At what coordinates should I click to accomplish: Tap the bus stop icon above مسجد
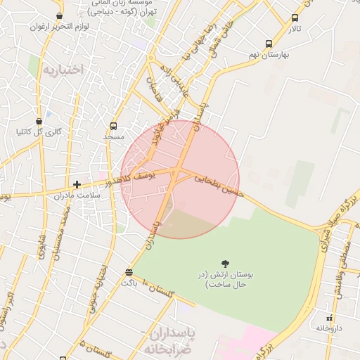coord(113,127)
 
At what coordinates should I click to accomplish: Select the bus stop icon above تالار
coord(294,18)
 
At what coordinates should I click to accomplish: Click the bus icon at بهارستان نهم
coord(269,44)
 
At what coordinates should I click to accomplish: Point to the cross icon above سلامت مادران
coord(77,184)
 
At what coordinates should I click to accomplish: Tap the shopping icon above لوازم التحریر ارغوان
coord(58,15)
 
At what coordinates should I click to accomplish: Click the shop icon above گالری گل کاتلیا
coord(38,121)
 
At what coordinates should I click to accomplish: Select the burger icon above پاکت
coord(128,272)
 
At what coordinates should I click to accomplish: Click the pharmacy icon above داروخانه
coord(328,318)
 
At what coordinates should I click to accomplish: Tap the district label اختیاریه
coord(63,69)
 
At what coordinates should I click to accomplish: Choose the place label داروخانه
coord(329,328)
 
